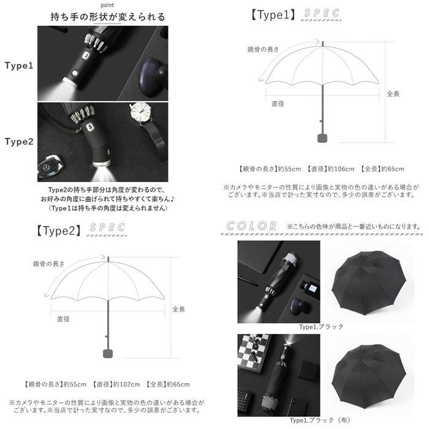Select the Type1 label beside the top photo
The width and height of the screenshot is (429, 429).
[19, 65]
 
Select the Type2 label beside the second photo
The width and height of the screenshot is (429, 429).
[19, 141]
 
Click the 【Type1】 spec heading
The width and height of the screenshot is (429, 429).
[274, 14]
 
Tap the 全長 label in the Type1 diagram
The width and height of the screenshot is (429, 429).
[393, 94]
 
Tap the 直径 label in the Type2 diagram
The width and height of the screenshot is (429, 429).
[63, 319]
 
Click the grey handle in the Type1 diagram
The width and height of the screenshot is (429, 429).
[321, 137]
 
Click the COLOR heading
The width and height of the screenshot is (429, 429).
[251, 226]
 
